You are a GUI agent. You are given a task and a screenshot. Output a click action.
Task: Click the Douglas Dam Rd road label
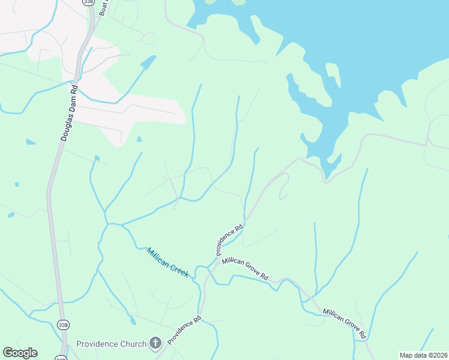click(x=69, y=112)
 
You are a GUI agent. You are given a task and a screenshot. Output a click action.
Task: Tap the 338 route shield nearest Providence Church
click(x=63, y=325)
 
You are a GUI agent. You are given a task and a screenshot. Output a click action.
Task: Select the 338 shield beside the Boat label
click(x=89, y=3)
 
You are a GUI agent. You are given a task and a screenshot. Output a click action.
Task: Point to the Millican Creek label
click(x=168, y=262)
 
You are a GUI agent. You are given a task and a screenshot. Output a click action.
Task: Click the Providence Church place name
click(x=112, y=344)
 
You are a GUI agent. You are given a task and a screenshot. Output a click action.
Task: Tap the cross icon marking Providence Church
click(x=155, y=343)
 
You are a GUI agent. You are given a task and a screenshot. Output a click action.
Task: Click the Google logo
click(x=20, y=353)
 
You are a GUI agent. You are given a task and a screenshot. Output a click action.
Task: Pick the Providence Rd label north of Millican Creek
click(x=230, y=239)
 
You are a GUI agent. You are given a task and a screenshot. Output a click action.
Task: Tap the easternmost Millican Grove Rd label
click(x=345, y=323)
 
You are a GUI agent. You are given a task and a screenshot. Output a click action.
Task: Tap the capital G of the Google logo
click(x=8, y=352)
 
